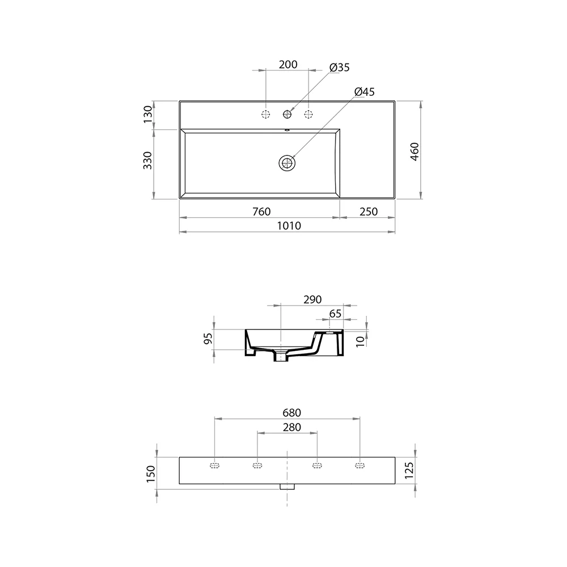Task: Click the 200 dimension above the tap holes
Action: [x=288, y=64]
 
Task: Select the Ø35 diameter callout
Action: [x=339, y=67]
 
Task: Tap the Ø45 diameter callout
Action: [x=364, y=91]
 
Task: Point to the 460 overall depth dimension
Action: [x=414, y=152]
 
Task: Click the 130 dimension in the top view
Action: [x=148, y=115]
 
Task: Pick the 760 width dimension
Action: [x=260, y=211]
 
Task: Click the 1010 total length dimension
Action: [x=288, y=226]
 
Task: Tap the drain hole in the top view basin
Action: [x=287, y=163]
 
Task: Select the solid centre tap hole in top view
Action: [x=287, y=115]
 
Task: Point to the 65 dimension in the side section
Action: [x=335, y=314]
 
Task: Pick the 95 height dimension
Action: [x=208, y=339]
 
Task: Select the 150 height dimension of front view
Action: [x=150, y=473]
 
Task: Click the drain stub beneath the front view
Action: [x=287, y=486]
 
